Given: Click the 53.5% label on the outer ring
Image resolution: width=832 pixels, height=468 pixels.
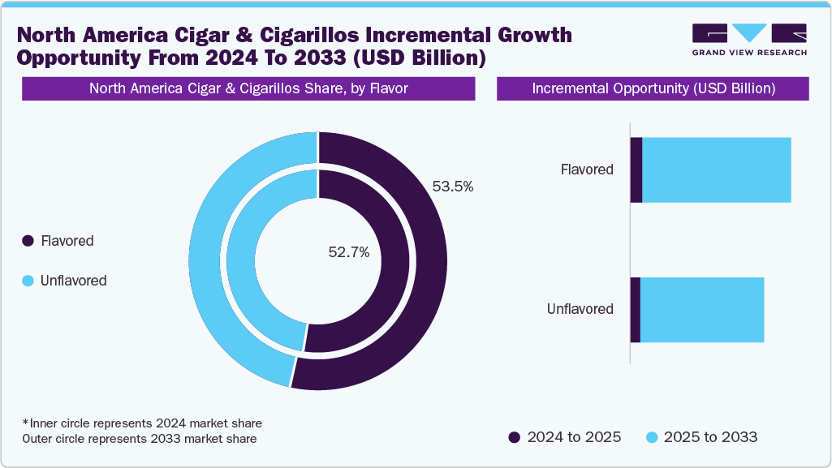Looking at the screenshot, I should point(453,187).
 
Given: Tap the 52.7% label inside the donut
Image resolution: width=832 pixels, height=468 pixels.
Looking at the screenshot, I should point(349,252).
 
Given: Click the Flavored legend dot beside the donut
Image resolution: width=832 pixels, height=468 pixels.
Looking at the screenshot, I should point(28,241).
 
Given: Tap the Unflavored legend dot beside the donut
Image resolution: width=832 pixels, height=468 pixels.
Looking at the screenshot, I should point(28,281).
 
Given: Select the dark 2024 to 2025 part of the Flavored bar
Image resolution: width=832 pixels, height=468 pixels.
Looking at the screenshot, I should point(636,170).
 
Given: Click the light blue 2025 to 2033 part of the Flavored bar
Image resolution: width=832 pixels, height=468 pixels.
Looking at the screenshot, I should point(716,170).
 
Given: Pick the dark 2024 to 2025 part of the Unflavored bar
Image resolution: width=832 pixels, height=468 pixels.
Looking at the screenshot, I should point(636,309).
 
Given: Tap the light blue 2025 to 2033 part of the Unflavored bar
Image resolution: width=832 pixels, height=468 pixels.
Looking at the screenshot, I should point(702,309).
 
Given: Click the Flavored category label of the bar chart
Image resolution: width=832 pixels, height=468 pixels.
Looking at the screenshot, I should point(587,170).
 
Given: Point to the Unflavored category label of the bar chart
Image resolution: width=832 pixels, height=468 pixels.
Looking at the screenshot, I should point(580,309).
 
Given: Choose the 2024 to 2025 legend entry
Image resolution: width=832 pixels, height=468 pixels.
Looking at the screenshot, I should point(565,437).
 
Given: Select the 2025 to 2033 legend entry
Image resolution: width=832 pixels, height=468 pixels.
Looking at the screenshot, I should point(702,437).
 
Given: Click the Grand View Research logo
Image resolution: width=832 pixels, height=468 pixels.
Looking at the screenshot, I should point(749,39).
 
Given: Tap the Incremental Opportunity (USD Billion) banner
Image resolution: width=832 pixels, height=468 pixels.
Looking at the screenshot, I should point(653,89).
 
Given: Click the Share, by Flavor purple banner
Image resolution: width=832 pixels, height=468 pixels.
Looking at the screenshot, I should point(248,89).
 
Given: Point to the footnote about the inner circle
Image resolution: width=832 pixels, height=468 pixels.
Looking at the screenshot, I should point(142,423).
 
